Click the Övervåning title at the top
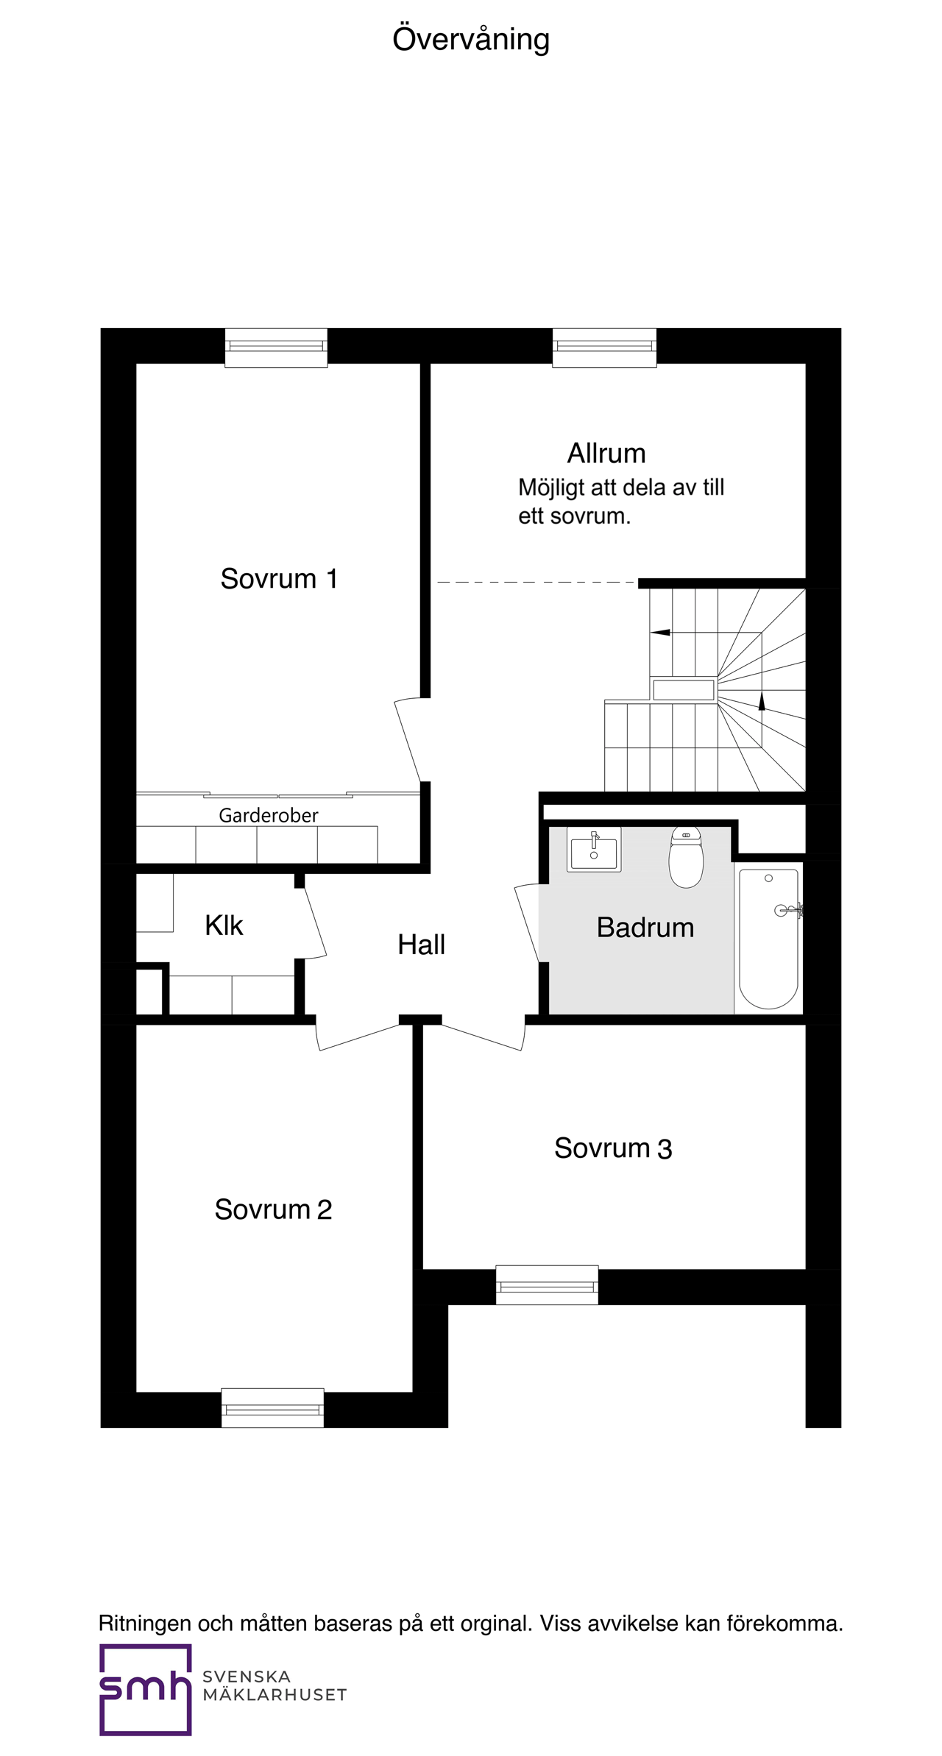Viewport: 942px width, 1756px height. [471, 40]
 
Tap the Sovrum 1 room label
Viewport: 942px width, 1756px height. [279, 579]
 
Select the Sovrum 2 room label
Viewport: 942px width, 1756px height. [273, 1209]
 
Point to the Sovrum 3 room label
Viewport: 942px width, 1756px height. [613, 1148]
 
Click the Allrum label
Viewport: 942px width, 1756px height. [606, 453]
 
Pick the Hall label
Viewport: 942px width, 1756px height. [421, 945]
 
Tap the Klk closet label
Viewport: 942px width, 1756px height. [224, 925]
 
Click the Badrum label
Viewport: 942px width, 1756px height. [645, 928]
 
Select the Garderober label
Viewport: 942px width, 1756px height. [269, 815]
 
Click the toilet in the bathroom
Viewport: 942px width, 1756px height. [686, 856]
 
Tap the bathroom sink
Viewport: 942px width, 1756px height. [594, 849]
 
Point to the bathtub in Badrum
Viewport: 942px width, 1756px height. [768, 939]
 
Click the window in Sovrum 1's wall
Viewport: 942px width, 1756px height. [276, 347]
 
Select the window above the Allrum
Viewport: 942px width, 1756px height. [604, 347]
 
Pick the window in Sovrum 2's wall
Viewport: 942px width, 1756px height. [272, 1408]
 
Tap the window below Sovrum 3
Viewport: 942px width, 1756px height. [547, 1285]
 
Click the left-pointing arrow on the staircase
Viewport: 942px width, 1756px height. [660, 632]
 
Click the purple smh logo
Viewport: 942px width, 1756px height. [146, 1690]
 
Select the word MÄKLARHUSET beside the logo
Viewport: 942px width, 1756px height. [275, 1695]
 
